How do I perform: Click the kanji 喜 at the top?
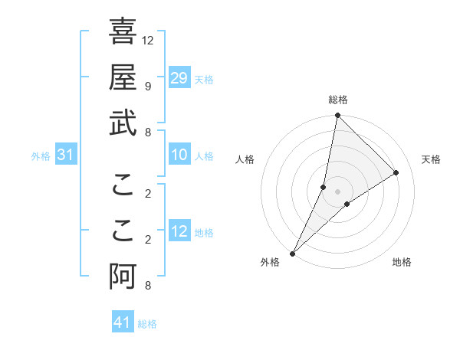(x=123, y=31)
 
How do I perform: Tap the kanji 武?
(x=123, y=123)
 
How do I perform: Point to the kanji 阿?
(x=123, y=277)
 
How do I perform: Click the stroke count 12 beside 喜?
(x=149, y=40)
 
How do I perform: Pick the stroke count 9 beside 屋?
(x=147, y=86)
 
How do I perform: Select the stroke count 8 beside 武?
(x=147, y=132)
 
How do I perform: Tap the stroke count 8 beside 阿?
(x=147, y=286)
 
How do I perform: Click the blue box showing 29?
(x=179, y=78)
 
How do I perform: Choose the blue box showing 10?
(x=179, y=155)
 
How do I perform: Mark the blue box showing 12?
(x=179, y=231)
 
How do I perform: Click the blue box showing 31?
(x=66, y=155)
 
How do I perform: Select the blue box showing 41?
(x=123, y=322)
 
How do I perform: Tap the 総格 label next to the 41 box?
(x=147, y=324)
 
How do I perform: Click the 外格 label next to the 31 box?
(x=41, y=156)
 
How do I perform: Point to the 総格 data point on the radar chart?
(x=337, y=116)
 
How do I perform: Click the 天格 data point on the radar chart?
(x=396, y=173)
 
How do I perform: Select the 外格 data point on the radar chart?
(x=292, y=254)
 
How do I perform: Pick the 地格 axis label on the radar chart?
(x=402, y=262)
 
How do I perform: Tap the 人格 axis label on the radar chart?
(x=245, y=159)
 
